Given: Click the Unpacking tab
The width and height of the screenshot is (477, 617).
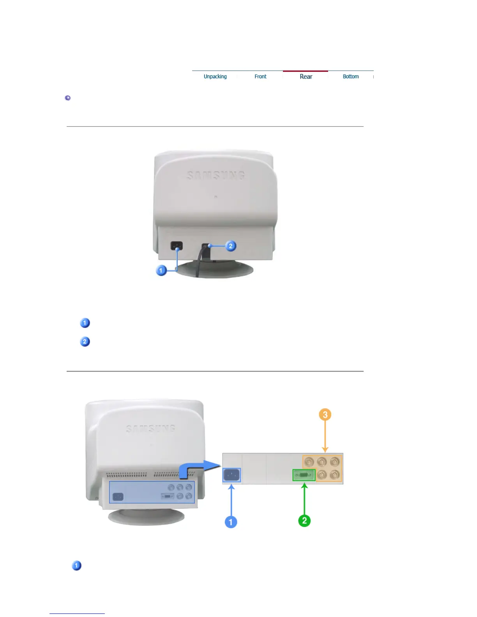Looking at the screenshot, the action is tap(215, 76).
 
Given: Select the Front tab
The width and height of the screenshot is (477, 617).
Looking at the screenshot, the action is tap(260, 76).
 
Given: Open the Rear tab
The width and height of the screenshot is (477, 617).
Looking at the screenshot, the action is tap(306, 76).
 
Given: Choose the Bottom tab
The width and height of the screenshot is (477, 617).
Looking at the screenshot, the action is tap(351, 76).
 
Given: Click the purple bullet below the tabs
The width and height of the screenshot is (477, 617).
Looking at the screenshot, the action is tap(68, 98).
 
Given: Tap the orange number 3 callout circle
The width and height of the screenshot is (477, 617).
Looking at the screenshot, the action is tap(325, 414).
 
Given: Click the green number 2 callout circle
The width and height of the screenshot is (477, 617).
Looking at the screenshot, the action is tap(304, 521).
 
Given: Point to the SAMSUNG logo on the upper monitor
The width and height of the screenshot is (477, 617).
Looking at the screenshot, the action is tap(216, 176).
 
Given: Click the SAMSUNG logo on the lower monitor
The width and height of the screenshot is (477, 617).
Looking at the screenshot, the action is tap(151, 429).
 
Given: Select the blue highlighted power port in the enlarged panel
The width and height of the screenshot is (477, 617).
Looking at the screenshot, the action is tap(231, 475).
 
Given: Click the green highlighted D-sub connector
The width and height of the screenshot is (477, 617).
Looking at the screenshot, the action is tap(304, 475).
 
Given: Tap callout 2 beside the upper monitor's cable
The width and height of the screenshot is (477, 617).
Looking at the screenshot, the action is tap(231, 246).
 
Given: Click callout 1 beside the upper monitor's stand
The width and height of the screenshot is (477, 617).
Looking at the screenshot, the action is tap(161, 270).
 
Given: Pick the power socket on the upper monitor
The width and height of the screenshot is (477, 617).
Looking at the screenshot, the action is tap(177, 246).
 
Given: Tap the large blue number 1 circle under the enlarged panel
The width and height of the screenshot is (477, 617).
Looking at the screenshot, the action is tap(231, 522).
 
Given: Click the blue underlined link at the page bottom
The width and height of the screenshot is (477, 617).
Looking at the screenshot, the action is tap(77, 613).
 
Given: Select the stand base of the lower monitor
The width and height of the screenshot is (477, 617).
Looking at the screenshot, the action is tap(146, 517).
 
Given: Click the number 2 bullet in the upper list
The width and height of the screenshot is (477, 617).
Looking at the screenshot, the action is tap(85, 342).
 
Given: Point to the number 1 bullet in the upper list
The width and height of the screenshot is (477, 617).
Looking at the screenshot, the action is tap(85, 323).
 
